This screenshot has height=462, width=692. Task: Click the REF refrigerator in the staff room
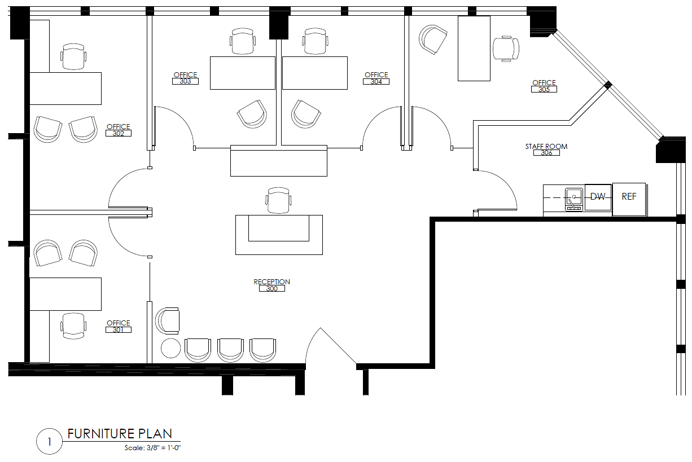[x=629, y=199]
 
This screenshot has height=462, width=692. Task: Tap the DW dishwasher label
[x=598, y=197]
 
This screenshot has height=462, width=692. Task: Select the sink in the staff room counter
[x=574, y=200]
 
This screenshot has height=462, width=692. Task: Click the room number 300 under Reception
[x=272, y=288]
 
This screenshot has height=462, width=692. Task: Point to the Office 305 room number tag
[x=544, y=89]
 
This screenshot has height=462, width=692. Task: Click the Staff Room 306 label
[x=546, y=149]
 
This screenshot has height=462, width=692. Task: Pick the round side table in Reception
[x=171, y=348]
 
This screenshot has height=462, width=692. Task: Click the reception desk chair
[x=278, y=200]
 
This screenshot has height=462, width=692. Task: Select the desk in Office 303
[x=243, y=73]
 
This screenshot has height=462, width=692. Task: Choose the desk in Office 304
[x=315, y=73]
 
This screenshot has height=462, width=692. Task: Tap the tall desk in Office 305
[x=474, y=49]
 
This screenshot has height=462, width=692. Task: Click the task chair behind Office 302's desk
[x=73, y=56]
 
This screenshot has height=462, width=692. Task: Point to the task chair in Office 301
[x=73, y=326]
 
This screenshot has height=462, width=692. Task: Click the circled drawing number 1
[x=50, y=442]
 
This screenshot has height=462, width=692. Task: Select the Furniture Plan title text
[x=120, y=434]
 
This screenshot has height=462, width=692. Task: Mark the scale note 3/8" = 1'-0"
[x=152, y=448]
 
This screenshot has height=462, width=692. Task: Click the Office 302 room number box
[x=119, y=133]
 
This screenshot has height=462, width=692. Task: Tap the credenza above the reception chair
[x=279, y=161]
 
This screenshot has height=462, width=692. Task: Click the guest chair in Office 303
[x=252, y=114]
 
